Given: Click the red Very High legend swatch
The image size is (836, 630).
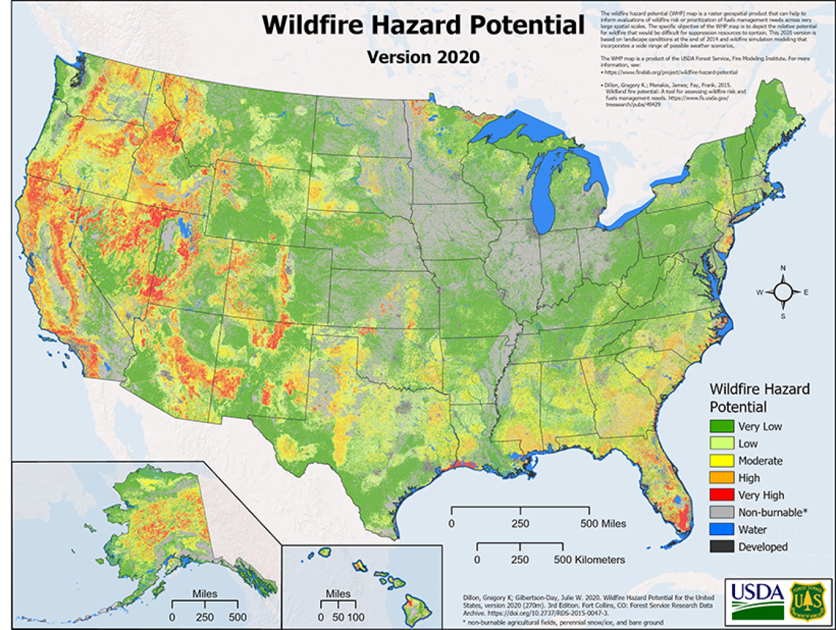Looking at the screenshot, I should [721, 495].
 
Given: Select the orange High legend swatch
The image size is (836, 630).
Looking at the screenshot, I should [721, 478].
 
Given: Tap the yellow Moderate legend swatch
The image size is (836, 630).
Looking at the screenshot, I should [721, 460].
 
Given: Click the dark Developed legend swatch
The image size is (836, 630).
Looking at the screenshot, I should [721, 546].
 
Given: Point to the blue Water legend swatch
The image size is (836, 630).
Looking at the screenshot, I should [721, 530].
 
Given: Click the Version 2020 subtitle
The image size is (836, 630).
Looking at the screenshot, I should [423, 57].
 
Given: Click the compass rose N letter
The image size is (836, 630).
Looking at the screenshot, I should [783, 268].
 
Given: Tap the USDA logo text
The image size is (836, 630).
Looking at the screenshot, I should [757, 592].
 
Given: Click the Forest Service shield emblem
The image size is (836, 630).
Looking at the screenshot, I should [808, 600].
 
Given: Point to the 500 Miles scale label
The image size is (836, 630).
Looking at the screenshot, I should [603, 523].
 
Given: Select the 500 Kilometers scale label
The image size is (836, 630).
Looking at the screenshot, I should [589, 559].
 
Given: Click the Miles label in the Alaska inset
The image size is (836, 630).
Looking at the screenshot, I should [204, 593].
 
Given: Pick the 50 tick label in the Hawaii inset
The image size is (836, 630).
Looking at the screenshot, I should [337, 617].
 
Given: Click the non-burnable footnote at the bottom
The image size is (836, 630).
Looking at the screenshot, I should [562, 622].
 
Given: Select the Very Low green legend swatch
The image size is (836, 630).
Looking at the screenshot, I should [721, 426].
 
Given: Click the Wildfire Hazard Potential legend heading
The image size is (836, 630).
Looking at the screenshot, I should [759, 398].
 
